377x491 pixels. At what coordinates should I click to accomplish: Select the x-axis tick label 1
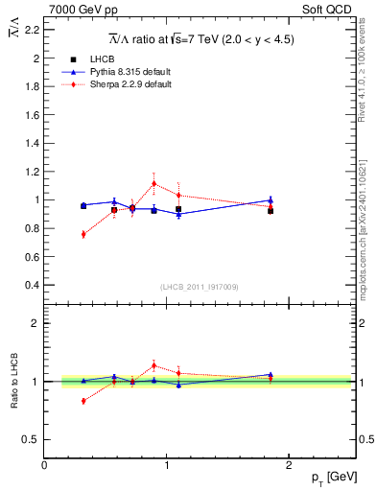click(x=168, y=465)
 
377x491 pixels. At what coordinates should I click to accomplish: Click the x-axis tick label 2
click(x=291, y=465)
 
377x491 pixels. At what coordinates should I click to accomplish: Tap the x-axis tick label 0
click(x=45, y=465)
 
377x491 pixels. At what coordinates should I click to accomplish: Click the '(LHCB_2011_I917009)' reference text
click(x=200, y=287)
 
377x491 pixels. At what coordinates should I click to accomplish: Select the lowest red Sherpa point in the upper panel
click(x=83, y=234)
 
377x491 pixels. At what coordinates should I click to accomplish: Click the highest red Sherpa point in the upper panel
click(x=153, y=183)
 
